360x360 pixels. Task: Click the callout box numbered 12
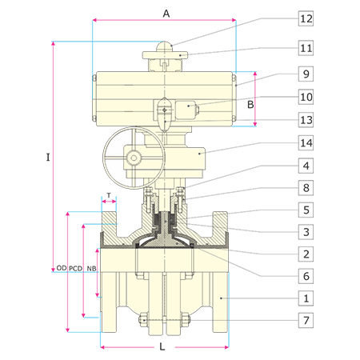click(306, 18)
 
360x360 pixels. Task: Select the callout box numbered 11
click(306, 48)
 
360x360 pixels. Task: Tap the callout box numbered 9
click(306, 74)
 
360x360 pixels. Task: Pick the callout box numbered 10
click(306, 97)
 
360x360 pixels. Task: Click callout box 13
click(306, 120)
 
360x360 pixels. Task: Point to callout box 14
click(306, 143)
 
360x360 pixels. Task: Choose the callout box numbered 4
click(306, 166)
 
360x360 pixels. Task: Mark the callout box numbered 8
click(306, 188)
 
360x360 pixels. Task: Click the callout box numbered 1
click(306, 298)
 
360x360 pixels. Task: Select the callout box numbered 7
click(306, 320)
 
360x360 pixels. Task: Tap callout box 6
click(306, 276)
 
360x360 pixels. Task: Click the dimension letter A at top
click(166, 14)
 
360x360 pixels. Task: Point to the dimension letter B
click(250, 105)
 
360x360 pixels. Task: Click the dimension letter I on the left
click(48, 158)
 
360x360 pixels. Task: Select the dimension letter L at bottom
click(162, 346)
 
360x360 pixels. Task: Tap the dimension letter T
click(109, 195)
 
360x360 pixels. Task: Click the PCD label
click(75, 269)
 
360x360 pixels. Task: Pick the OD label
click(62, 268)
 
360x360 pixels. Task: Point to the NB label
click(91, 269)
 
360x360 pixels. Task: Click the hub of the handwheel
click(134, 158)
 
